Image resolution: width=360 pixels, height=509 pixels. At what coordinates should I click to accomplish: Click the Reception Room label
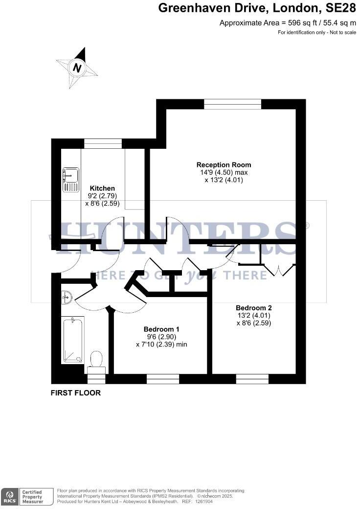(x=224, y=164)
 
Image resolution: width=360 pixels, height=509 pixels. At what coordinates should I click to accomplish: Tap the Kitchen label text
(x=102, y=188)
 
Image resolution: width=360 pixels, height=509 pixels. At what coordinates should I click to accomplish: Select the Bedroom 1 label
(x=161, y=329)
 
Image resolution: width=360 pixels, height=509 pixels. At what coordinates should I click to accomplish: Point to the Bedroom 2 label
(x=253, y=308)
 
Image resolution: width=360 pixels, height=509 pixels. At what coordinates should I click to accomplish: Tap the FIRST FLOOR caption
(x=76, y=393)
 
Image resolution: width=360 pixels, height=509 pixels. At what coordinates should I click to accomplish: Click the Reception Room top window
(x=232, y=104)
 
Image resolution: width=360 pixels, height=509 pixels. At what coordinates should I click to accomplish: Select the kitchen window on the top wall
(x=103, y=143)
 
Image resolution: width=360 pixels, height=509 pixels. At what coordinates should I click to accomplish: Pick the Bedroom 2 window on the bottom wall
(x=252, y=379)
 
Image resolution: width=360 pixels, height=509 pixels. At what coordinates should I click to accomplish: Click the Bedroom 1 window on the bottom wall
(x=163, y=379)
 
